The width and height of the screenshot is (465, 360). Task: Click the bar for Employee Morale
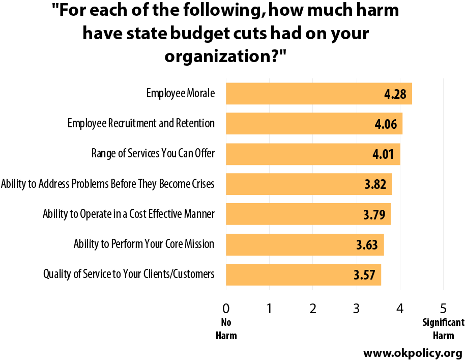pyautogui.click(x=319, y=94)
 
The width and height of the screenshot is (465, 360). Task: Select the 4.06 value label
pyautogui.click(x=386, y=124)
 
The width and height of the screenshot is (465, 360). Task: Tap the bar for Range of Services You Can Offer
pyautogui.click(x=313, y=154)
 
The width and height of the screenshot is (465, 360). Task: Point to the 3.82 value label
pyautogui.click(x=375, y=184)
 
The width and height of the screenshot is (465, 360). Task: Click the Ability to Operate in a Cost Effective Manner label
pyautogui.click(x=128, y=214)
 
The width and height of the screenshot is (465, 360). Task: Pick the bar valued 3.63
pyautogui.click(x=305, y=244)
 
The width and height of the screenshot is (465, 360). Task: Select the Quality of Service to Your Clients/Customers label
pyautogui.click(x=129, y=274)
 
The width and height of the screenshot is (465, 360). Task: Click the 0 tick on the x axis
pyautogui.click(x=226, y=309)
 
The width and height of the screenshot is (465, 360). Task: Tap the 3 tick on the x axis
pyautogui.click(x=357, y=309)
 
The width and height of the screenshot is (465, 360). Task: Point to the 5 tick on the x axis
pyautogui.click(x=443, y=309)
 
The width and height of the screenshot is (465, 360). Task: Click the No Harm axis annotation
pyautogui.click(x=226, y=329)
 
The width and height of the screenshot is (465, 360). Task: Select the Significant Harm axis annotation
pyautogui.click(x=443, y=329)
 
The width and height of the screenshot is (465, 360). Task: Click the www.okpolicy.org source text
pyautogui.click(x=413, y=353)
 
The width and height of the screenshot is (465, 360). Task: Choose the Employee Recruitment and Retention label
pyautogui.click(x=141, y=123)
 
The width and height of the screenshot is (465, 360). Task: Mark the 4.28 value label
pyautogui.click(x=395, y=94)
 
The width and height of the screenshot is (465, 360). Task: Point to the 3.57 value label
pyautogui.click(x=364, y=274)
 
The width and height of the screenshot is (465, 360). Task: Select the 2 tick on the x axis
pyautogui.click(x=313, y=309)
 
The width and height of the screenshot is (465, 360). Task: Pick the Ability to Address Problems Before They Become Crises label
pyautogui.click(x=108, y=184)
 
